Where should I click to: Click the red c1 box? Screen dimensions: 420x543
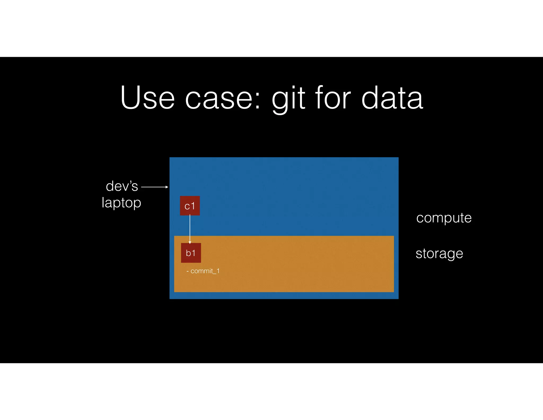click(190, 205)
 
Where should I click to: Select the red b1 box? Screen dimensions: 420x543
click(191, 253)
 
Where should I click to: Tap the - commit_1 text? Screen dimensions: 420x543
click(203, 271)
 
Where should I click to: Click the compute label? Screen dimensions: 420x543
click(444, 218)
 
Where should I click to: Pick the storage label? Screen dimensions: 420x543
click(439, 253)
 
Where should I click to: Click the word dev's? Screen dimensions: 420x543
click(122, 186)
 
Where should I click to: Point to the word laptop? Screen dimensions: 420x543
click(121, 203)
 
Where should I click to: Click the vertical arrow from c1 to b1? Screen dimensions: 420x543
click(190, 228)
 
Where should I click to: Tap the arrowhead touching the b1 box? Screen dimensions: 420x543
click(190, 242)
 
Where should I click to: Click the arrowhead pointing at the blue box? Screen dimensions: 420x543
click(167, 187)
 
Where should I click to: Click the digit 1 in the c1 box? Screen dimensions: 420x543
click(193, 206)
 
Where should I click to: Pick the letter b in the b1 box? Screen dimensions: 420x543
click(188, 253)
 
